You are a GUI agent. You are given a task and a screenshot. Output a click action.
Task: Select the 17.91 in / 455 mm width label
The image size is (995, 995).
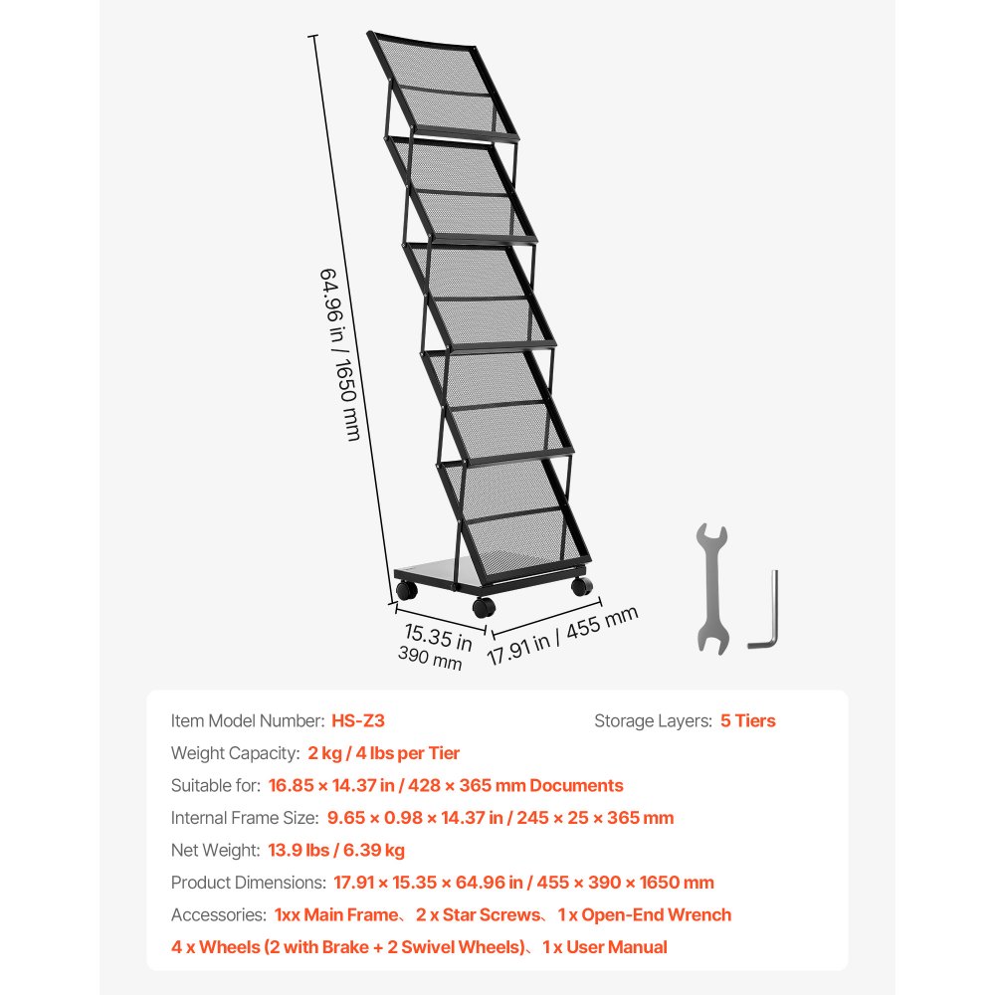pyautogui.click(x=562, y=636)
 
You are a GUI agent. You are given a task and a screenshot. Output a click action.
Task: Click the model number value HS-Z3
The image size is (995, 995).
pyautogui.click(x=358, y=720)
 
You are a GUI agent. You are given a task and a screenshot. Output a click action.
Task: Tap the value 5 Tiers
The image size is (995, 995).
pyautogui.click(x=747, y=720)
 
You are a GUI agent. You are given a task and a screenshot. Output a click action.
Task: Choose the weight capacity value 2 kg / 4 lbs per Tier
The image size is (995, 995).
pyautogui.click(x=384, y=753)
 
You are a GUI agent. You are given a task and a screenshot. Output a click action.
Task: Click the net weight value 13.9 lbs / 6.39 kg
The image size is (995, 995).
pyautogui.click(x=336, y=850)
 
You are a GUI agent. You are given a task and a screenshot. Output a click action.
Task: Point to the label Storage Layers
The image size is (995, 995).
pyautogui.click(x=652, y=720)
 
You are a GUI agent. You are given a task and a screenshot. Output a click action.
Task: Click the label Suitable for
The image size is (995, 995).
pyautogui.click(x=215, y=785)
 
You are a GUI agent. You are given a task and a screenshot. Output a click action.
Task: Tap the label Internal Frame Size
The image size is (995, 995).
pyautogui.click(x=245, y=818)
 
